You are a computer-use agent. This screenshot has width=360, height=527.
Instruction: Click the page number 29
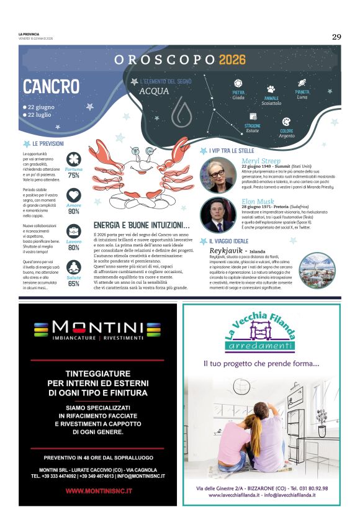[336, 37]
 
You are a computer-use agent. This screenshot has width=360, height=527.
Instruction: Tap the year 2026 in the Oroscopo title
[232, 60]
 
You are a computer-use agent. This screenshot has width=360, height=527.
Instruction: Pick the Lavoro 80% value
[74, 248]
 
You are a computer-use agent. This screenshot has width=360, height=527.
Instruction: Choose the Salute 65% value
[74, 284]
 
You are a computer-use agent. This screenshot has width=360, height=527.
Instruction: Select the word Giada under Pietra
[238, 97]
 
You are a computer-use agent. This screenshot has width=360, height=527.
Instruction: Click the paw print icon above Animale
[271, 89]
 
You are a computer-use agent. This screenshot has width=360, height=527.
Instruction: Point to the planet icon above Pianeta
[302, 83]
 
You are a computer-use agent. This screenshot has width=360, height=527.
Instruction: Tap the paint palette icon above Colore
[286, 122]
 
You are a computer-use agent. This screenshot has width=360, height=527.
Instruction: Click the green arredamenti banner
[259, 346]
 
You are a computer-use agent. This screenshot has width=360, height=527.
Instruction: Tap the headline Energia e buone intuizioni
[141, 225]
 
